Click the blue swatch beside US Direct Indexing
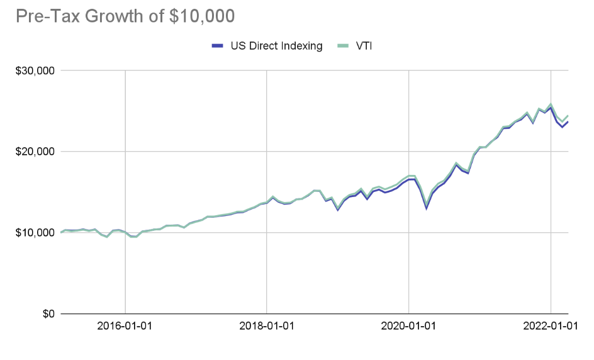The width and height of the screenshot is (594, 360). click(217, 45)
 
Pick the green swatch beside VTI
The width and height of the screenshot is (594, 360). click(342, 45)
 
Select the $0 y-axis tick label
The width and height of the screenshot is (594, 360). click(47, 313)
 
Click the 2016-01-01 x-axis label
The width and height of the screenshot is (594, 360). click(125, 327)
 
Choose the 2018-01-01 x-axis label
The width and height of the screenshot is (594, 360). click(267, 327)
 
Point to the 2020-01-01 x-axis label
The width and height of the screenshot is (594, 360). click(409, 327)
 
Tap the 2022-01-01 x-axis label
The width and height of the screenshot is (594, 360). click(551, 327)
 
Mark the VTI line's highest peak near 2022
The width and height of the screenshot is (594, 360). click(551, 104)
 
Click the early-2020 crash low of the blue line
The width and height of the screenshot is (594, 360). click(427, 208)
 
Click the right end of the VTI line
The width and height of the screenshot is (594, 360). click(568, 116)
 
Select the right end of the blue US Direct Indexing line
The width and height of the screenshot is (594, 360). click(568, 122)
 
